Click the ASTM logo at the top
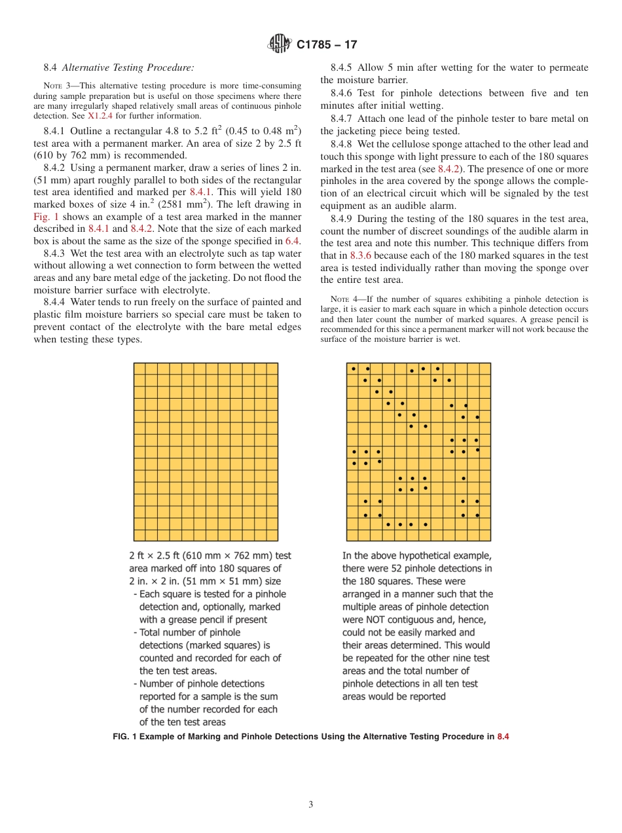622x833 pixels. pos(280,45)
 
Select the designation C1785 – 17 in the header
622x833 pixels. pos(327,45)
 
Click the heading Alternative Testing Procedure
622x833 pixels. pos(128,67)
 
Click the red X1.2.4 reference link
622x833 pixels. pos(101,116)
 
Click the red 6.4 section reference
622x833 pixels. pos(293,241)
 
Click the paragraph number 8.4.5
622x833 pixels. pos(341,67)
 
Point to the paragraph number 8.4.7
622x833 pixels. pos(341,119)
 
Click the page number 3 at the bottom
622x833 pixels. pos(311,805)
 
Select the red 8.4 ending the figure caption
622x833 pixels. pos(503,737)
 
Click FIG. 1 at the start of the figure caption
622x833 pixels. pos(126,737)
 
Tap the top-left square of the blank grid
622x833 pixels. pos(139,369)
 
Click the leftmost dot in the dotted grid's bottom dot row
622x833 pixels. pos(388,525)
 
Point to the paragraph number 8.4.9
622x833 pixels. pos(341,219)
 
